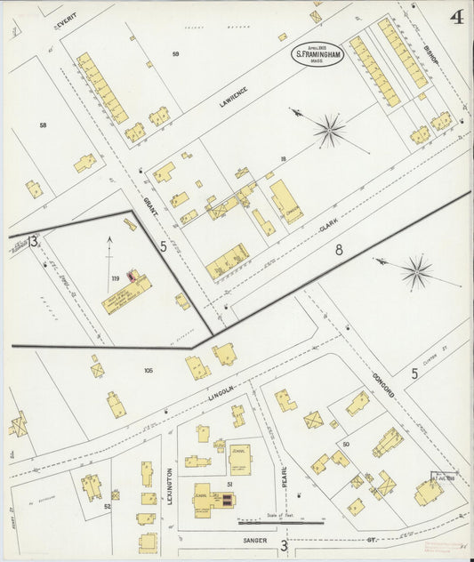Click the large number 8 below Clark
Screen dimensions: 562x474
click(339, 251)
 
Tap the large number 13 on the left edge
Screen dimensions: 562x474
click(32, 241)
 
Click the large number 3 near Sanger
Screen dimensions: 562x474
click(284, 544)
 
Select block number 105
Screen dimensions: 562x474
click(148, 369)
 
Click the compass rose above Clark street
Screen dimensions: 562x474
click(329, 132)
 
